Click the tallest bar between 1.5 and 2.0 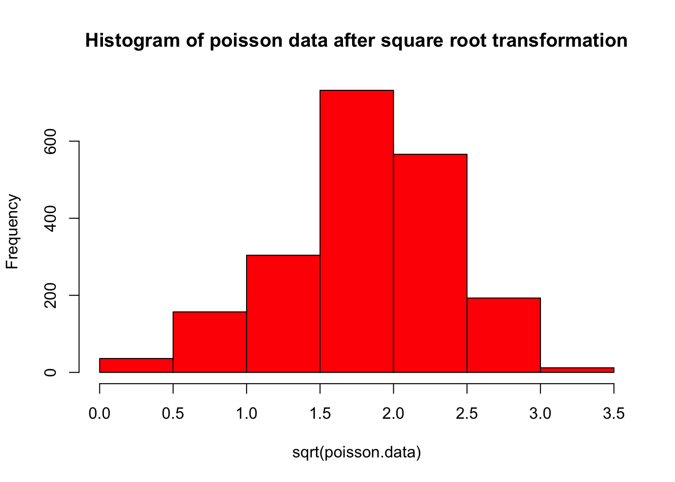[x=357, y=231]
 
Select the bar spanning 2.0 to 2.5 [x=430, y=263]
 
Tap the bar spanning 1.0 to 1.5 [x=283, y=313]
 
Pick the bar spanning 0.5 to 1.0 [x=209, y=342]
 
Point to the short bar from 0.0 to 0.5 [x=136, y=366]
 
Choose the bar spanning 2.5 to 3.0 [x=504, y=335]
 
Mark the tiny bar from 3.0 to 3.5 [x=577, y=370]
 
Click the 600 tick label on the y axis [x=50, y=142]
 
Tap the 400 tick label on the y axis [x=50, y=218]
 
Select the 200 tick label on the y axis [x=50, y=295]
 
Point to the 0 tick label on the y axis [x=50, y=373]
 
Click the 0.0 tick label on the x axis [x=99, y=414]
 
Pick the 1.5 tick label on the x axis [x=320, y=414]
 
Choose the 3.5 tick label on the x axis [x=614, y=414]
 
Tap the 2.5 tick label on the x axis [x=467, y=414]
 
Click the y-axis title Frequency [x=12, y=232]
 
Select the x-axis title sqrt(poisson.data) [x=357, y=453]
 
